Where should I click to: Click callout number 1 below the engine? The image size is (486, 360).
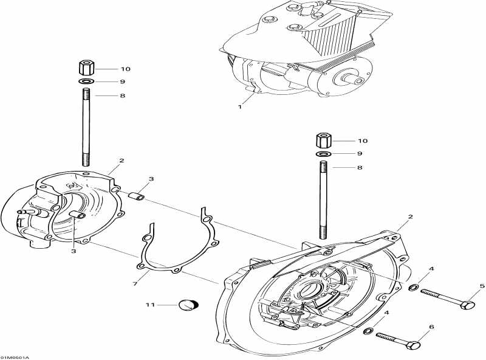(x=240, y=106)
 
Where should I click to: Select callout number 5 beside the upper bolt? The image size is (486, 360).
(x=482, y=286)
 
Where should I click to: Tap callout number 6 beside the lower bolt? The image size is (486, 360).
(x=431, y=327)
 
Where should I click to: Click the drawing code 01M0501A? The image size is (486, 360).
(x=15, y=356)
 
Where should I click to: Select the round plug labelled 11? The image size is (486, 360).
(x=188, y=304)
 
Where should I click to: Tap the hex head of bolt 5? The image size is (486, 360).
(x=468, y=303)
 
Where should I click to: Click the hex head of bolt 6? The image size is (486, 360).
(x=414, y=345)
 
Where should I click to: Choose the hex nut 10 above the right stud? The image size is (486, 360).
(x=323, y=140)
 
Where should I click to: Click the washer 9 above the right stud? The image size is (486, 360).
(x=323, y=155)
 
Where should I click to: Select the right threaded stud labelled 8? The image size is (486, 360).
(x=323, y=201)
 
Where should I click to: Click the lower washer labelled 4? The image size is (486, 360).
(x=368, y=332)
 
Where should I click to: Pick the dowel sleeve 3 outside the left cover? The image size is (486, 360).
(x=137, y=198)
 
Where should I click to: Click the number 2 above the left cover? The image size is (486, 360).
(x=122, y=161)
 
